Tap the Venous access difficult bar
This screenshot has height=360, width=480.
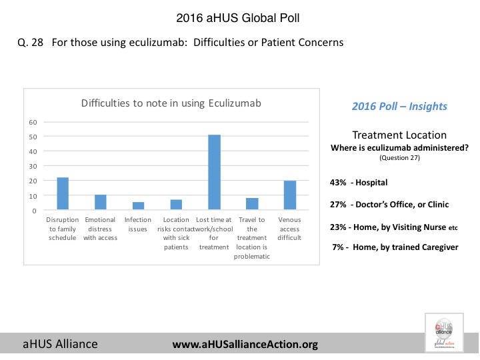(x=290, y=195)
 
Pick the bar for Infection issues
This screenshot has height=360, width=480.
(x=138, y=207)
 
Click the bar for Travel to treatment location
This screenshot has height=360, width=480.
(x=252, y=204)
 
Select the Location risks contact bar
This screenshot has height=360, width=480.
(x=176, y=205)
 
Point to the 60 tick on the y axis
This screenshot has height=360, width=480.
(x=32, y=122)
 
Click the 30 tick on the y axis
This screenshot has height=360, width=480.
(x=32, y=167)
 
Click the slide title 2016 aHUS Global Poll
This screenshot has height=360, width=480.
(x=239, y=16)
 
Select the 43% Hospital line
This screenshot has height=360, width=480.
(x=359, y=182)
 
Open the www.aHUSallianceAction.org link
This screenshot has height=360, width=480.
(x=245, y=345)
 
